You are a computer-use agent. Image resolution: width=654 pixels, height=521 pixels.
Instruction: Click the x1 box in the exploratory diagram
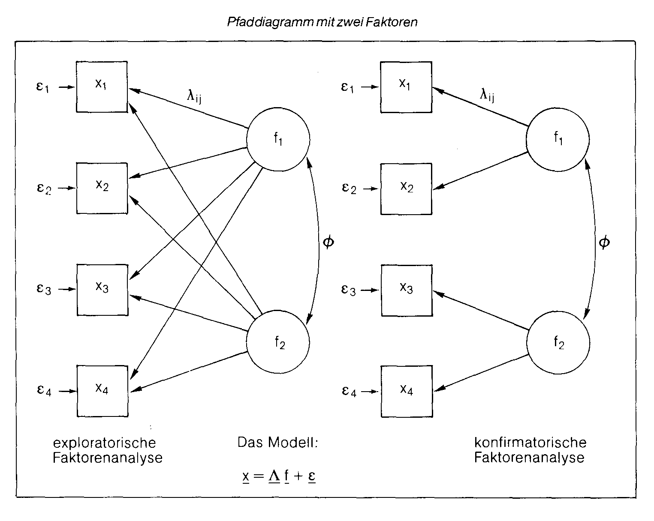click(102, 87)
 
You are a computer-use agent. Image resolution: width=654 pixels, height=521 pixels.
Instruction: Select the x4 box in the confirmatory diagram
click(406, 391)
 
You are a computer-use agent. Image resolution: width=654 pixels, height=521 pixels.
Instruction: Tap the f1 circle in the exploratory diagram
click(278, 140)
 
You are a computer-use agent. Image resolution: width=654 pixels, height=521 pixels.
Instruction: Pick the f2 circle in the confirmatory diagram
click(558, 343)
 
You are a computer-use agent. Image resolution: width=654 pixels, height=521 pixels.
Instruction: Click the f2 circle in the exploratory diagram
click(278, 343)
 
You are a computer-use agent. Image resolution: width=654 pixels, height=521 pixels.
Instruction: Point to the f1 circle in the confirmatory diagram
click(558, 140)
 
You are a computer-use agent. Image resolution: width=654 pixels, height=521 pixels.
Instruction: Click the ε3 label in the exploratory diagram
click(43, 289)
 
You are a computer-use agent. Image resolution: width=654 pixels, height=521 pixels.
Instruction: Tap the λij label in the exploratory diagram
click(194, 97)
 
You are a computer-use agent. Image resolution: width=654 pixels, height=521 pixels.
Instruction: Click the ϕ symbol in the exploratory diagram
click(328, 242)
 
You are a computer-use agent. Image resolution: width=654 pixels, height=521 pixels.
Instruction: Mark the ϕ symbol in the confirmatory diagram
click(604, 242)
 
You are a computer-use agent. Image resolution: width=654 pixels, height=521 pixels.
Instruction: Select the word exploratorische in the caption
click(104, 442)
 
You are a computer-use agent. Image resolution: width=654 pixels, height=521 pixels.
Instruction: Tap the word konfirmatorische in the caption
click(530, 442)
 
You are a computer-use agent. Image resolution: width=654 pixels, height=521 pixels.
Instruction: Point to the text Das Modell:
click(278, 442)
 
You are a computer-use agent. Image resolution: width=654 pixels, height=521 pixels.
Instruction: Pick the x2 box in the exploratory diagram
click(102, 188)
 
